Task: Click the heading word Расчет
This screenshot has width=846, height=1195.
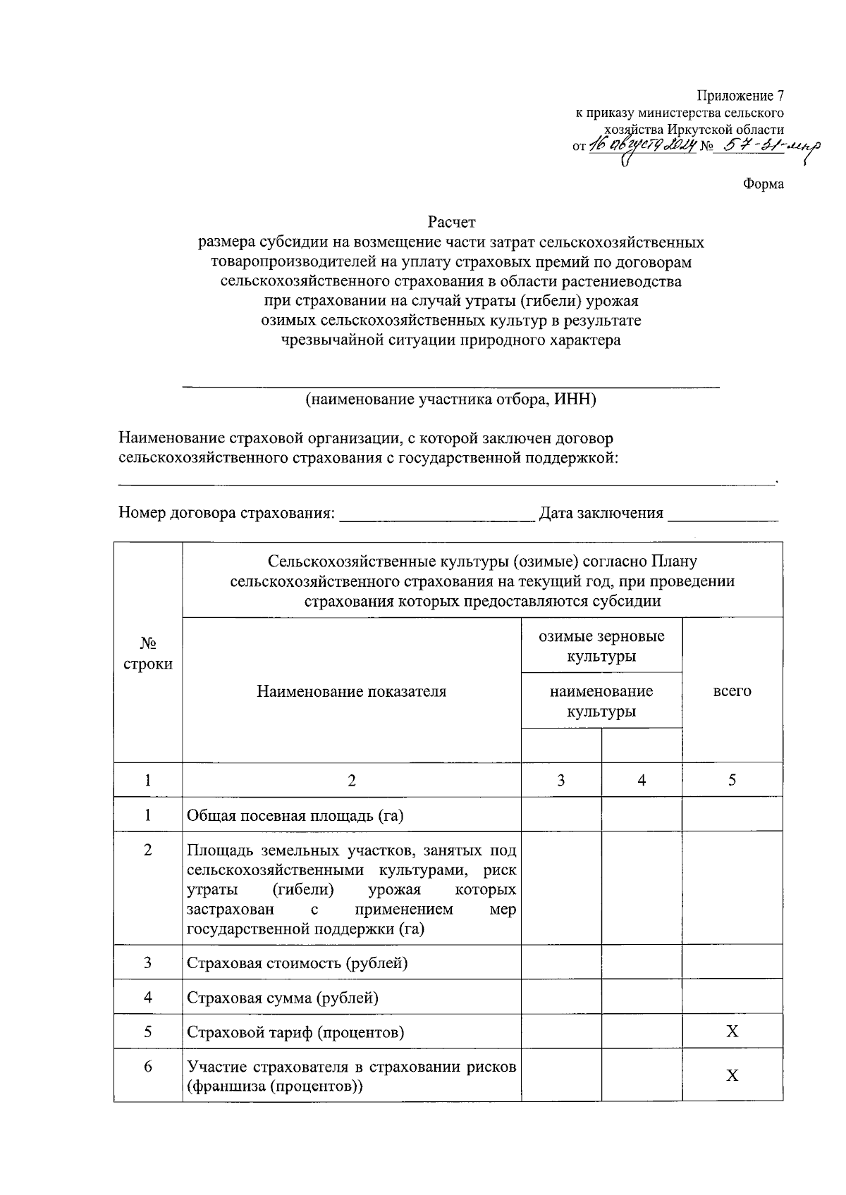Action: click(451, 223)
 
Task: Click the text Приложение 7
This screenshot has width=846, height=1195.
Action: click(740, 96)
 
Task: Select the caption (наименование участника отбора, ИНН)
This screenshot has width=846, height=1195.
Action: click(450, 400)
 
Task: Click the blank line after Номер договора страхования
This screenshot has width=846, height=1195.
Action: click(436, 515)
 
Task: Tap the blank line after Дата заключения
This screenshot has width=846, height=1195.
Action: click(722, 515)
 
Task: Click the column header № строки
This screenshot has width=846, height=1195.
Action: click(148, 653)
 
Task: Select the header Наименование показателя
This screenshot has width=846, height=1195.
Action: click(351, 691)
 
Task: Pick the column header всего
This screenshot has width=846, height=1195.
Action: click(732, 691)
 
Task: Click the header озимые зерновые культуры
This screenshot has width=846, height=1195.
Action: click(601, 646)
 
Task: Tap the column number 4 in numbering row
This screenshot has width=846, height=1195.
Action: click(641, 780)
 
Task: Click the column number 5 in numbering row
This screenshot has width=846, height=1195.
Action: click(732, 780)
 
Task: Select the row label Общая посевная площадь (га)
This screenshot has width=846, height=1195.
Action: click(295, 816)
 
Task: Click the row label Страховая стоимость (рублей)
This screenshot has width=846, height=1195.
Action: click(297, 963)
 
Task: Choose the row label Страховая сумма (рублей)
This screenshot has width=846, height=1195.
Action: click(282, 998)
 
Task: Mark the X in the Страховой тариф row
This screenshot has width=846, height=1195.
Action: click(732, 1032)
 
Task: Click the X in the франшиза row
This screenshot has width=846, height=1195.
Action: click(732, 1076)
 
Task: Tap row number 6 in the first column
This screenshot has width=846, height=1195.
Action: click(148, 1067)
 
